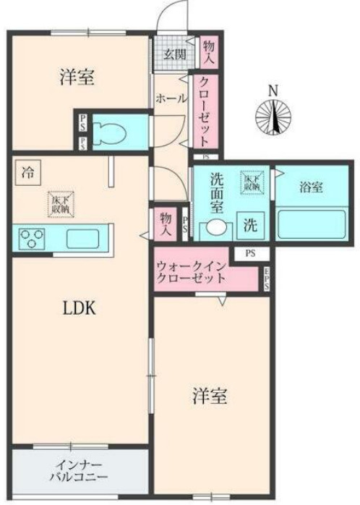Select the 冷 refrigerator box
click(27, 173)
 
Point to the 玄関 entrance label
click(173, 54)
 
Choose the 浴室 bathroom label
click(311, 187)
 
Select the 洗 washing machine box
click(249, 224)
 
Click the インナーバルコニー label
click(79, 471)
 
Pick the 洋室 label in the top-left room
click(76, 77)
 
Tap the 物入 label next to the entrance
click(209, 50)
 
